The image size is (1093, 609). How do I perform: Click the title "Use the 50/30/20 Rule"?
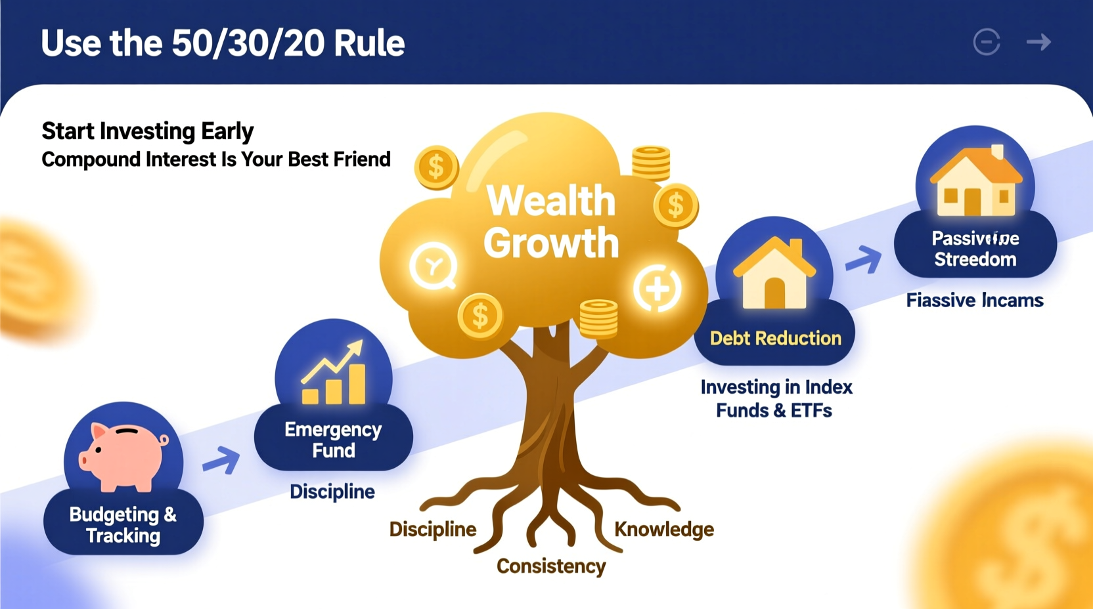[x=223, y=43]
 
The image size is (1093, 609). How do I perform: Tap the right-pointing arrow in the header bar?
[x=1038, y=43]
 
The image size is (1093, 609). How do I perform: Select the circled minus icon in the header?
[x=987, y=43]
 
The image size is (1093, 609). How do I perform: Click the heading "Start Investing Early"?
[x=147, y=131]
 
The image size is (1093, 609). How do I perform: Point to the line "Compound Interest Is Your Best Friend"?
[x=216, y=159]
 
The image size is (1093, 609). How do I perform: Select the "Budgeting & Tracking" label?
[x=123, y=525]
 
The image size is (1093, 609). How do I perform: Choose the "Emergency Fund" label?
[x=333, y=440]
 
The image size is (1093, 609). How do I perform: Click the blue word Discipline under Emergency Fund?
[x=332, y=492]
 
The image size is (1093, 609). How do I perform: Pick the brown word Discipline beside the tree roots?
[x=432, y=530]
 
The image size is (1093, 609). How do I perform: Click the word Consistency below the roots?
[x=551, y=566]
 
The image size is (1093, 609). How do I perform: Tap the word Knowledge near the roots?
[x=664, y=530]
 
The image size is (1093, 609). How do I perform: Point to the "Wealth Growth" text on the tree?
[x=551, y=222]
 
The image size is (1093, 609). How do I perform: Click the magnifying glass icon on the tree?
[x=434, y=266]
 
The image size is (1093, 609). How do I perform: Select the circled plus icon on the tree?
[x=657, y=289]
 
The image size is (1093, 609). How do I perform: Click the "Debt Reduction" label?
[x=775, y=339]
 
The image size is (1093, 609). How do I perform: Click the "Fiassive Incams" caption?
[x=975, y=301]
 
